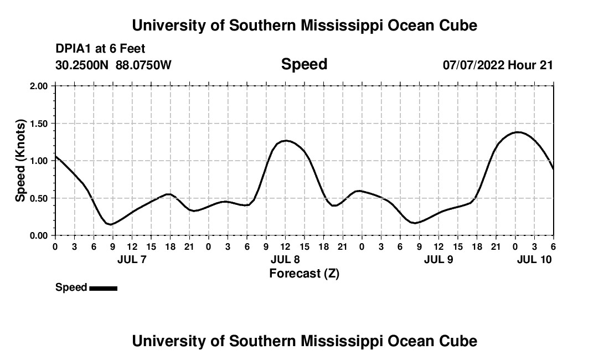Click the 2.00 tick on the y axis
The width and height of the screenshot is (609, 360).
coord(41,86)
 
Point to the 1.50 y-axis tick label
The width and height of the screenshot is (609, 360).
coord(41,124)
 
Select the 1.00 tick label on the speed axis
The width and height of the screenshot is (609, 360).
coord(41,161)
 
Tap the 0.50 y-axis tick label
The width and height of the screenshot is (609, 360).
coord(41,198)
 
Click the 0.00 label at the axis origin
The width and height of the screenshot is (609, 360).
coord(41,235)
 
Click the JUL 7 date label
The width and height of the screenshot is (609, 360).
coord(132,259)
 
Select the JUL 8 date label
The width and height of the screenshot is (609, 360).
coord(285,259)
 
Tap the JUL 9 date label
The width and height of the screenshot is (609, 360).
coord(438,259)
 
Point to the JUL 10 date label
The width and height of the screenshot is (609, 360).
coord(534,259)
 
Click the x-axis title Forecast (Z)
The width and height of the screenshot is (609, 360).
coord(304,273)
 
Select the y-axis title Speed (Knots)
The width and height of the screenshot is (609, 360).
coord(20,161)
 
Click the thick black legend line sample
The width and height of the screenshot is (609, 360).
coord(103,288)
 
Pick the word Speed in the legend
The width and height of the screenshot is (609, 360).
coord(71,287)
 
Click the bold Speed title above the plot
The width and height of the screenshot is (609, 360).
coord(304,64)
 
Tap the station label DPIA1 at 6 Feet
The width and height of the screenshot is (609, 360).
coord(100,49)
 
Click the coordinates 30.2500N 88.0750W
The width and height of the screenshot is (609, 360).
coord(113,65)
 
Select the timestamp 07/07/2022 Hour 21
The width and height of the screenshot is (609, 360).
coord(498,65)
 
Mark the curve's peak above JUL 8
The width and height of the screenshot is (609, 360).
coord(285,141)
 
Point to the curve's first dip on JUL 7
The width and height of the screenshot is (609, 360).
coord(111,224)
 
